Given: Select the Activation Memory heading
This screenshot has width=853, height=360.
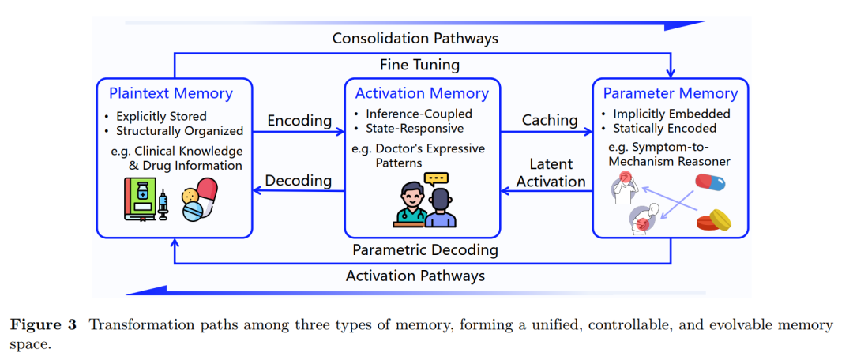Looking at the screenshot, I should coord(422,93).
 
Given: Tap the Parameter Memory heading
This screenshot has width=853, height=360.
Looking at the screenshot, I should coord(671,93).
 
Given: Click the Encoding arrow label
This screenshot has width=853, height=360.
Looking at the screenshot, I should coord(299,121).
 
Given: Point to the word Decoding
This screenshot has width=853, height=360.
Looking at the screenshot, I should coord(298,181).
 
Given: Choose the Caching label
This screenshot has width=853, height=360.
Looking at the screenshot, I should coord(550,120).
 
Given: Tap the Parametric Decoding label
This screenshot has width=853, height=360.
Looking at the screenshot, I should coord(425,250).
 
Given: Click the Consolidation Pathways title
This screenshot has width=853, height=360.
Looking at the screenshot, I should coord(415,38).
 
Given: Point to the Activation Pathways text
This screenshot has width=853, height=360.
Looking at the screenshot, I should coord(415,276).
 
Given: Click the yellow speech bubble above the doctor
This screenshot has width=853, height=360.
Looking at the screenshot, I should coord(435,178).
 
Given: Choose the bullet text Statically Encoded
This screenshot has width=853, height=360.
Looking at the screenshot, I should coord(664,129).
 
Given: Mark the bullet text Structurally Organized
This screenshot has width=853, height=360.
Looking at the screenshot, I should coord(179,131).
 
